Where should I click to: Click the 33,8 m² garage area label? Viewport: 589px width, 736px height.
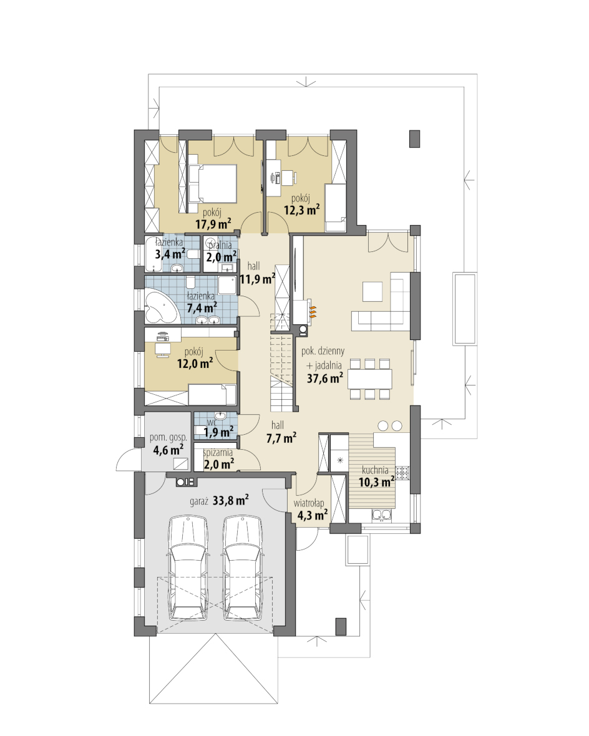click(231, 500)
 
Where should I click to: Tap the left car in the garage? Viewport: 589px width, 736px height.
click(188, 568)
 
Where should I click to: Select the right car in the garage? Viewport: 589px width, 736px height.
click(242, 568)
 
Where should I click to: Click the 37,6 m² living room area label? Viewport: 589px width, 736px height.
click(324, 378)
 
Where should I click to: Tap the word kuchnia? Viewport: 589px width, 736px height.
click(375, 470)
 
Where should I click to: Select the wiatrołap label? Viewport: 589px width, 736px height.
click(309, 503)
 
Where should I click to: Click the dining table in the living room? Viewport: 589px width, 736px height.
click(370, 379)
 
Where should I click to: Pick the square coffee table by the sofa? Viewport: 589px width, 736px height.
click(372, 291)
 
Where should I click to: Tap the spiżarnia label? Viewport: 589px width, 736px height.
click(218, 453)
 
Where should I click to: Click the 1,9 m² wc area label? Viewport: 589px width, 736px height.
click(218, 432)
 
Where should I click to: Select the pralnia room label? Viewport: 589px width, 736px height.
click(220, 245)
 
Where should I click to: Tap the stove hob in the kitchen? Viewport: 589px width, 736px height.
click(402, 472)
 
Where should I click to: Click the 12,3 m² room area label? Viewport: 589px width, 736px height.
click(301, 210)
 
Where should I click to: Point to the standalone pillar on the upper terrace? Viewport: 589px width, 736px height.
click(414, 138)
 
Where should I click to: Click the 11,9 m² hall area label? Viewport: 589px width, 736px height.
click(258, 279)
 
